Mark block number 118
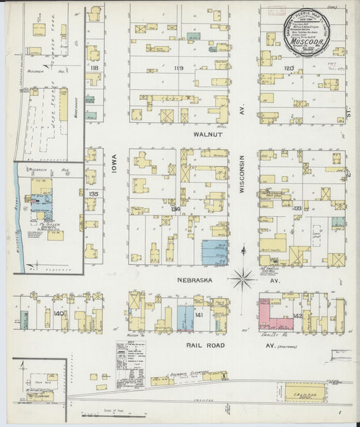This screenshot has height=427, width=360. (x=94, y=68)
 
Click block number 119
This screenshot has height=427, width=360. (x=178, y=68)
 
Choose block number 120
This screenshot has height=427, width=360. (x=288, y=68)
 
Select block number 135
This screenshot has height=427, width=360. (x=94, y=193)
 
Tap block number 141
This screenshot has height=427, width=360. (x=199, y=315)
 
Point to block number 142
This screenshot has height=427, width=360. (x=297, y=315)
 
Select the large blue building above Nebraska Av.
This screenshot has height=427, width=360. (x=215, y=251)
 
